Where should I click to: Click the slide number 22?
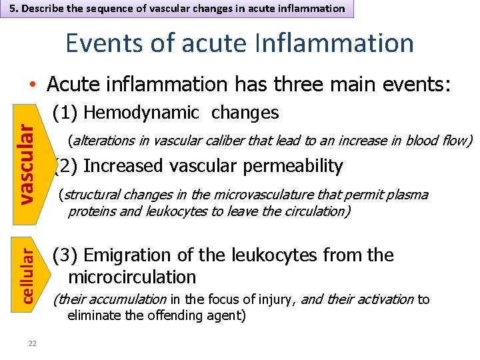pyautogui.click(x=32, y=343)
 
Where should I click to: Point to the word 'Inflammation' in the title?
pyautogui.click(x=333, y=44)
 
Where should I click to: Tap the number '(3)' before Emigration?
pyautogui.click(x=65, y=255)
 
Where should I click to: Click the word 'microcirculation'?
pyautogui.click(x=132, y=277)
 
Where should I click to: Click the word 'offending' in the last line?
pyautogui.click(x=185, y=315)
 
